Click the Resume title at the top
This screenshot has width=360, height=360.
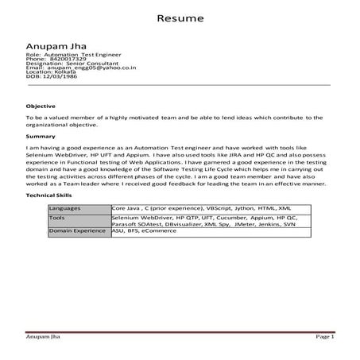[180, 17]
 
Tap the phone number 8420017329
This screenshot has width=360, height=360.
[68, 58]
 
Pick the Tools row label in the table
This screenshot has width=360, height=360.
[57, 216]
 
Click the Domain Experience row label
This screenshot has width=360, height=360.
[77, 230]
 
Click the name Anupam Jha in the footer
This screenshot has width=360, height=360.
[44, 337]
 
